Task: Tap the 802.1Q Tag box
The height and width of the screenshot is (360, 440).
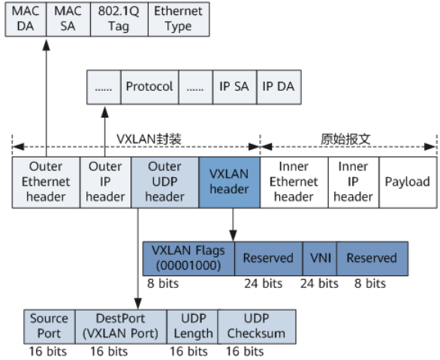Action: [116, 19]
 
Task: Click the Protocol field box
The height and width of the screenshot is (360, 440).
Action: [149, 86]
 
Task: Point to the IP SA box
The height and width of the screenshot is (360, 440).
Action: [234, 86]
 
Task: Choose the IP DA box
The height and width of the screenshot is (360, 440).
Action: [278, 86]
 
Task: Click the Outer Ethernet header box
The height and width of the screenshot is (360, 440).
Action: [45, 181]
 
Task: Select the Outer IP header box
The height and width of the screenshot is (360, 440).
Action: [105, 181]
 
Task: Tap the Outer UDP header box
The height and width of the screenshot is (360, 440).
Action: [165, 181]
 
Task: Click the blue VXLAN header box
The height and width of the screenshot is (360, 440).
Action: [229, 181]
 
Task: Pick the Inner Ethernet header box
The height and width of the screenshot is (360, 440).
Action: [293, 181]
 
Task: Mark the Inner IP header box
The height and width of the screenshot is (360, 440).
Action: [353, 181]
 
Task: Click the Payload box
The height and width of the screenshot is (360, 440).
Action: [407, 181]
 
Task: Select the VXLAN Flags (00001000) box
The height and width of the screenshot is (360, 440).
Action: [188, 258]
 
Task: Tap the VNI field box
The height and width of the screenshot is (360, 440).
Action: [319, 258]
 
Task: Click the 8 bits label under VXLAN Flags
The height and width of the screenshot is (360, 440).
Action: [164, 283]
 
